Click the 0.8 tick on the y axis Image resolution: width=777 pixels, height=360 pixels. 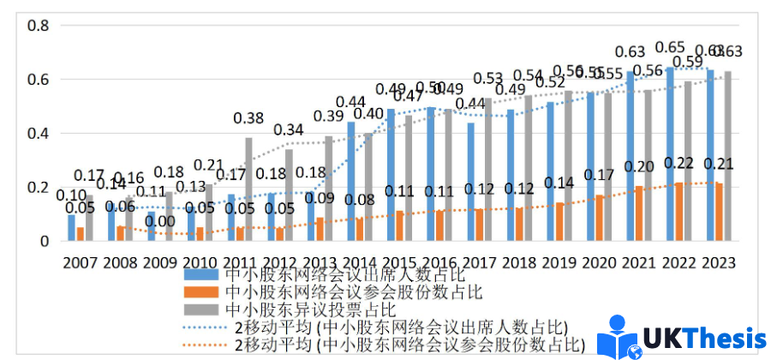[39, 26]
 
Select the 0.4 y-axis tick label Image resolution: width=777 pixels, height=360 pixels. [39, 134]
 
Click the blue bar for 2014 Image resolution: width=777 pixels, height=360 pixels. [350, 182]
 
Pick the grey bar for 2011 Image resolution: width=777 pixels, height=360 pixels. [249, 189]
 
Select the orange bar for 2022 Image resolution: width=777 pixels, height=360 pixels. [678, 212]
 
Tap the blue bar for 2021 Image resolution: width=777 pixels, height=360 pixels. [630, 156]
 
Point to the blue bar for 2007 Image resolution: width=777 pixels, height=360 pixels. [72, 228]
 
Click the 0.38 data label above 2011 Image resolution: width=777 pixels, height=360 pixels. [249, 118]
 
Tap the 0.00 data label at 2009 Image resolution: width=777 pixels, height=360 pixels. [159, 221]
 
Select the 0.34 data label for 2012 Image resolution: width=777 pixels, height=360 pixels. [290, 130]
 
